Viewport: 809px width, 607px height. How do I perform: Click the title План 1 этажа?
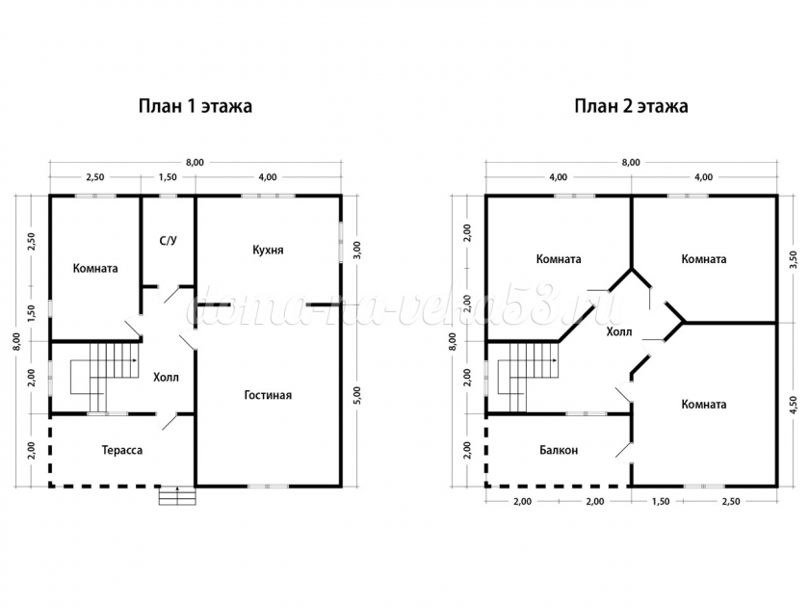[195, 106]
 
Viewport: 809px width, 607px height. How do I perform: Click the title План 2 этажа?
[631, 106]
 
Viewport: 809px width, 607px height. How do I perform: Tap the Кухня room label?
[268, 251]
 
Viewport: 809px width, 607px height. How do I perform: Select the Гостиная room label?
[268, 395]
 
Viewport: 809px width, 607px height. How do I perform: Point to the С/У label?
[169, 241]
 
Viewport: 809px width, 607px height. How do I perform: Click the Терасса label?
[122, 450]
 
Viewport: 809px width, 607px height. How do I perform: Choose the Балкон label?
[559, 450]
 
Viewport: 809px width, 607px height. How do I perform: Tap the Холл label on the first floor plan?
[166, 378]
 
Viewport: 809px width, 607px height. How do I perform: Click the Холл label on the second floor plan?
[619, 331]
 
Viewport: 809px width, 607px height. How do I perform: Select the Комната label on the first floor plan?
[95, 269]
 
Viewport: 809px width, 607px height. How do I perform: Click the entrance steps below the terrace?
[177, 496]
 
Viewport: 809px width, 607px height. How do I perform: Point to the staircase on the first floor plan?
[105, 377]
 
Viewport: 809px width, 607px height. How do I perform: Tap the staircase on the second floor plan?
[529, 377]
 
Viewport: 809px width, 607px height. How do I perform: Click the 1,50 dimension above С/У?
[168, 177]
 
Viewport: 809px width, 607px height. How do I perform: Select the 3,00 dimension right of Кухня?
[358, 250]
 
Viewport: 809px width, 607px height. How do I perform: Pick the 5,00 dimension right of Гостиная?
[358, 395]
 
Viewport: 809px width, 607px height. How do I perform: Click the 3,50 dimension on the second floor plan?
[794, 259]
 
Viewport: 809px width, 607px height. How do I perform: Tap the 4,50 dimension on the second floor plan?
[794, 405]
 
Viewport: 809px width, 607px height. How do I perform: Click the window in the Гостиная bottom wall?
[268, 487]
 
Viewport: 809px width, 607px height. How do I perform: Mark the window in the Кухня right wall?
[341, 242]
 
